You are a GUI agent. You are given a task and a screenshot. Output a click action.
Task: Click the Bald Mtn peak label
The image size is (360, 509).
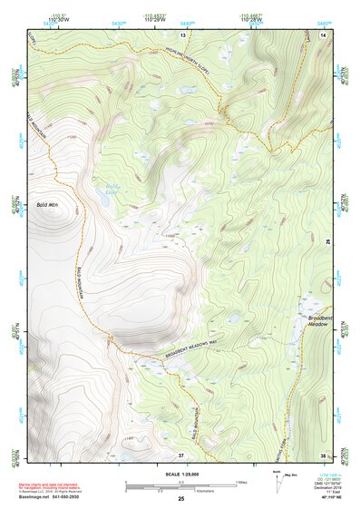[x=46, y=205]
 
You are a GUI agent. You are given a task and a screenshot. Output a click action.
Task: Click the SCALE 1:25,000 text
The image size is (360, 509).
[x=180, y=474]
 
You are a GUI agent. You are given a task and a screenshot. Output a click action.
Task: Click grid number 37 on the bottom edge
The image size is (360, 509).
[x=180, y=454]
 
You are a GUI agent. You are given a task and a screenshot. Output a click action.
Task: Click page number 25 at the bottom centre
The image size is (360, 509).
[x=180, y=500]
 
